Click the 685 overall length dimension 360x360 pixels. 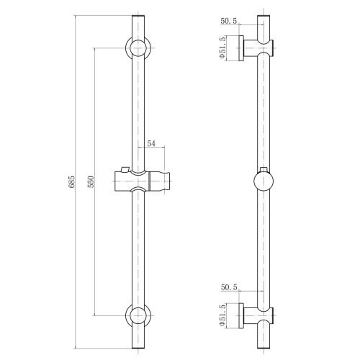72,182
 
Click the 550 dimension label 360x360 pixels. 91,181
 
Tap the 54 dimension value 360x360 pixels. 151,143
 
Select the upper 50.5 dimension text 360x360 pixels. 229,21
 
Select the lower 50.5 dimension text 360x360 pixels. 229,287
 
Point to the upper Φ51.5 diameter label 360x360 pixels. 222,47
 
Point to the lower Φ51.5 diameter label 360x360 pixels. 222,315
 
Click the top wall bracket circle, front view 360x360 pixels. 138,48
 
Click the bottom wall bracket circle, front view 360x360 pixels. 138,315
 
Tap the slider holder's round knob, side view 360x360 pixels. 264,181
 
